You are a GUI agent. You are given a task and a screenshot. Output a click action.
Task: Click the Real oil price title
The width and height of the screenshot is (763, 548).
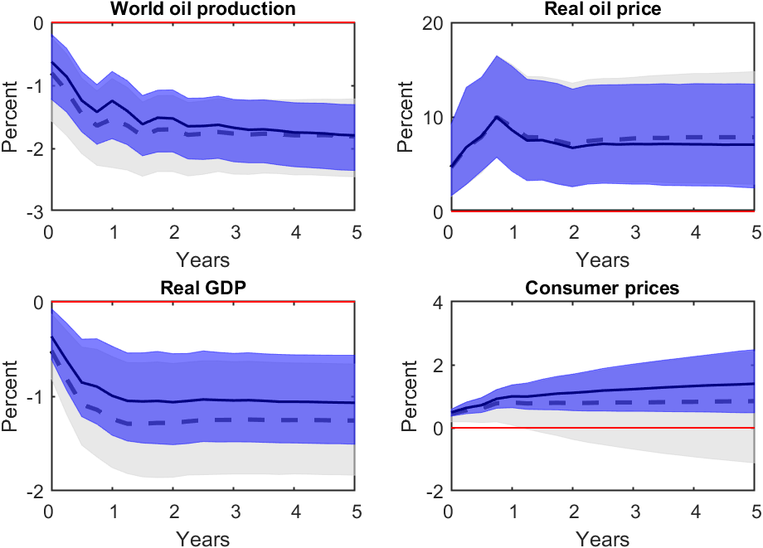[x=603, y=9]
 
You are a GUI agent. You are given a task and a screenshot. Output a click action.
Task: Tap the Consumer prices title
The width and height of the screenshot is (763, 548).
[x=603, y=289]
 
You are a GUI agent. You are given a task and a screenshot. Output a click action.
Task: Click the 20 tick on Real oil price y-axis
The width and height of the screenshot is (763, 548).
[x=430, y=23]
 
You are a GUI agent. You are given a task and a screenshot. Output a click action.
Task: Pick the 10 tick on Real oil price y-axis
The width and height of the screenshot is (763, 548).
[x=430, y=117]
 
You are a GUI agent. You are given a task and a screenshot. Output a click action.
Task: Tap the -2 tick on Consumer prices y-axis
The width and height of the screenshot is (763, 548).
[x=430, y=491]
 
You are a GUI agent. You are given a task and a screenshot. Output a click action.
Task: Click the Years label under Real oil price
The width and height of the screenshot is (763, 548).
[x=603, y=259]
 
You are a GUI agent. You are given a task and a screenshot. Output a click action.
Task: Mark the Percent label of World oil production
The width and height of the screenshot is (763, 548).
[x=11, y=117]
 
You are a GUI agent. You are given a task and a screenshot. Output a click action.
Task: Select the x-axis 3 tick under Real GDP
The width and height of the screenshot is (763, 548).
[x=236, y=510]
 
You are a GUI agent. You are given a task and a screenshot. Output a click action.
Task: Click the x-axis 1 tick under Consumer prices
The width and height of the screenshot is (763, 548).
[x=511, y=510]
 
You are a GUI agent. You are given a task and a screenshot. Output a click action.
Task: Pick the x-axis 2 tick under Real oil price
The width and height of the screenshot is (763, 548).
[x=572, y=230]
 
